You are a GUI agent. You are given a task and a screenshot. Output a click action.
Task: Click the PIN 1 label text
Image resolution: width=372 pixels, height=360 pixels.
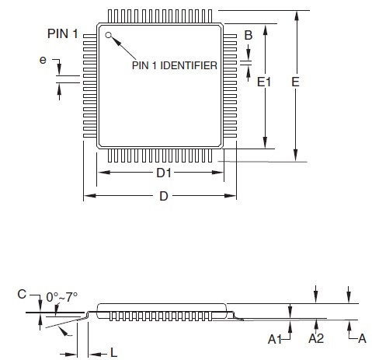[62, 33]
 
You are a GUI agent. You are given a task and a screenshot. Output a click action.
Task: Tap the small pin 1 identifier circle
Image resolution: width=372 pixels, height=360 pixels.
[108, 35]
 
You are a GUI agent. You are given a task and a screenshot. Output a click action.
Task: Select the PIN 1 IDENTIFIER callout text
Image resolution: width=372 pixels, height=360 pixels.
[175, 65]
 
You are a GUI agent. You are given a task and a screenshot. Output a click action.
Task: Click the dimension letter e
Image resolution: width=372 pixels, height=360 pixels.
[43, 60]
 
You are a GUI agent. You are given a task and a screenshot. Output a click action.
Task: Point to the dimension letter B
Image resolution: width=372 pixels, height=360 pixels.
[249, 35]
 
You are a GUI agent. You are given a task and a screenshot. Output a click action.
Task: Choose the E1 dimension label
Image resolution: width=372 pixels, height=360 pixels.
[264, 82]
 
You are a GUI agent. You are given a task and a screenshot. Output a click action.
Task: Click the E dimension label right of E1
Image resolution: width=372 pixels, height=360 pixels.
[295, 82]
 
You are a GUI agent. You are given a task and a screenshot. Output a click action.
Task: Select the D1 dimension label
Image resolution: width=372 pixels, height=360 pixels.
[164, 173]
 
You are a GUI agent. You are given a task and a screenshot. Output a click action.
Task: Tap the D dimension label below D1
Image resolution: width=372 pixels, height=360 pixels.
[164, 196]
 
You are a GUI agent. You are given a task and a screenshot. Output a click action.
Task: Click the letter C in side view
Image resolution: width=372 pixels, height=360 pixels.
[22, 294]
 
